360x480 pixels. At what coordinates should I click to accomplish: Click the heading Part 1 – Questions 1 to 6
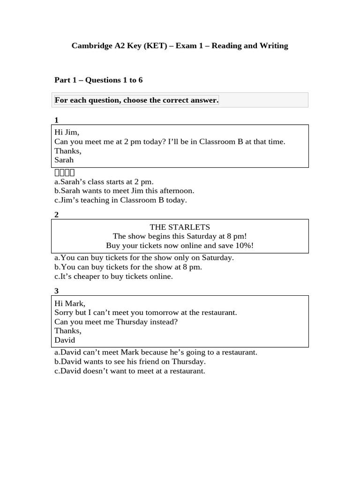click(x=98, y=80)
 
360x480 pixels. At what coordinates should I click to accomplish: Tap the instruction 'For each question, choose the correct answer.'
click(x=136, y=100)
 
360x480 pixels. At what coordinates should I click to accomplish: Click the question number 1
click(x=57, y=120)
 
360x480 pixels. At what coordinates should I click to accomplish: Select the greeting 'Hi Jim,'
click(x=67, y=133)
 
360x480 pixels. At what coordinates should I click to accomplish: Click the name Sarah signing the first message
click(x=64, y=160)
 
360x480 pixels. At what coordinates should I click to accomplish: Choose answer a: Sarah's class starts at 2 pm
click(x=104, y=181)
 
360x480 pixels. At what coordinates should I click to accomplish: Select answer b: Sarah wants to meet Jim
click(x=124, y=191)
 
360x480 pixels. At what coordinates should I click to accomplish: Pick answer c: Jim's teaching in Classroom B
click(x=120, y=200)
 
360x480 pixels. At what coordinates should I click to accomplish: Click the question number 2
click(x=57, y=215)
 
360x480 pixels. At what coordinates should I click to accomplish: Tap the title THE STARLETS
click(x=180, y=227)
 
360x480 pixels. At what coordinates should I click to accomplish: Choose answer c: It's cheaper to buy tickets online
click(x=113, y=277)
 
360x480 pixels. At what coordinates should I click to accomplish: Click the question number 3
click(x=57, y=292)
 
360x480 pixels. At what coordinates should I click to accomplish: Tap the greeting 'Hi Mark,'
click(x=70, y=303)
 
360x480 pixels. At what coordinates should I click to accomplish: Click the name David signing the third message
click(x=65, y=340)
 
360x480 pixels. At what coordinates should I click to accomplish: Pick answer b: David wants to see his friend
click(x=130, y=362)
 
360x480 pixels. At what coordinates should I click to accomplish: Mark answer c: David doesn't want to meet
click(x=130, y=371)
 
